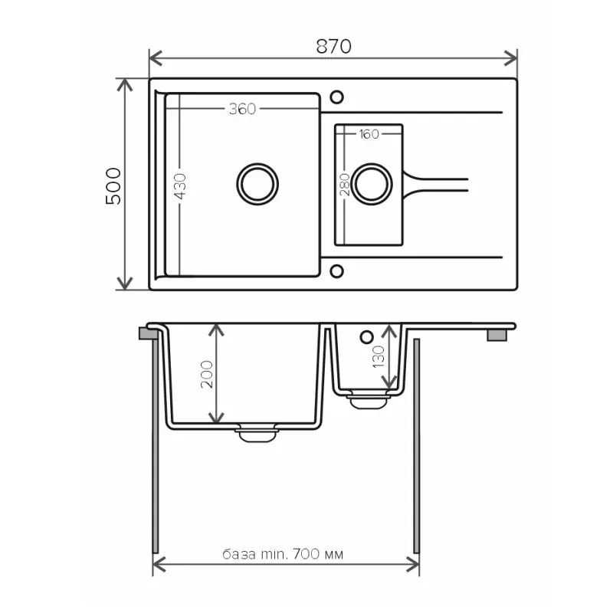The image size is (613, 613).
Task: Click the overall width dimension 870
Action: (333, 46)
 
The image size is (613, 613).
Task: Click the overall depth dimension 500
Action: (113, 186)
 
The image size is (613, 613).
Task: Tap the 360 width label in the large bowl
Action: (242, 109)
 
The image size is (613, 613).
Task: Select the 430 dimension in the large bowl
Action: (180, 186)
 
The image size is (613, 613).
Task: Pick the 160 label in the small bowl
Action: (369, 134)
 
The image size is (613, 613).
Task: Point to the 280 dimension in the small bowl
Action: (344, 185)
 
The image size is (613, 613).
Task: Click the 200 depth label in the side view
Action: (207, 374)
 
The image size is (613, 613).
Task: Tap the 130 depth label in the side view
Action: (379, 356)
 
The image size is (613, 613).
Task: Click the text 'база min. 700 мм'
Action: (283, 554)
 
